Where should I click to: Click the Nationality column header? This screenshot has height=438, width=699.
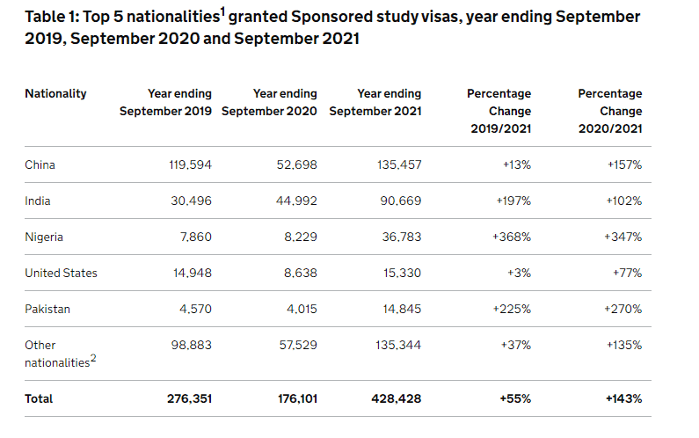(x=55, y=93)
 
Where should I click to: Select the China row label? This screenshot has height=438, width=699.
(x=40, y=164)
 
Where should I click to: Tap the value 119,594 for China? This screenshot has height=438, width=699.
(x=191, y=164)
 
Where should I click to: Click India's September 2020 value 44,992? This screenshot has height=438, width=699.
(x=294, y=201)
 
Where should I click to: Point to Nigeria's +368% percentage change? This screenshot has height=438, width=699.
(x=512, y=237)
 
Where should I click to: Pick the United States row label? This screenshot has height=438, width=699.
(x=61, y=273)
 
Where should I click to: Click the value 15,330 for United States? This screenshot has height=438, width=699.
(x=400, y=273)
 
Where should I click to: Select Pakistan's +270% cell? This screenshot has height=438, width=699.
(x=623, y=309)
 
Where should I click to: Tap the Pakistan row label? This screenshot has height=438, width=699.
(x=47, y=309)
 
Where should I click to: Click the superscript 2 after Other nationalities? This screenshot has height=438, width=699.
(x=93, y=357)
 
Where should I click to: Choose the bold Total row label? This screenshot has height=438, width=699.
(x=39, y=398)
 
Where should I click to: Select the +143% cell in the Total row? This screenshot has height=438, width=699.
(x=623, y=398)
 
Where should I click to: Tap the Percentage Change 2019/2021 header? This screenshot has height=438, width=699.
(x=499, y=111)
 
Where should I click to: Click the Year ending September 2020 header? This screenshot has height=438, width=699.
(x=270, y=102)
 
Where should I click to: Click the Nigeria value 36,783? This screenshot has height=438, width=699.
(x=400, y=237)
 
